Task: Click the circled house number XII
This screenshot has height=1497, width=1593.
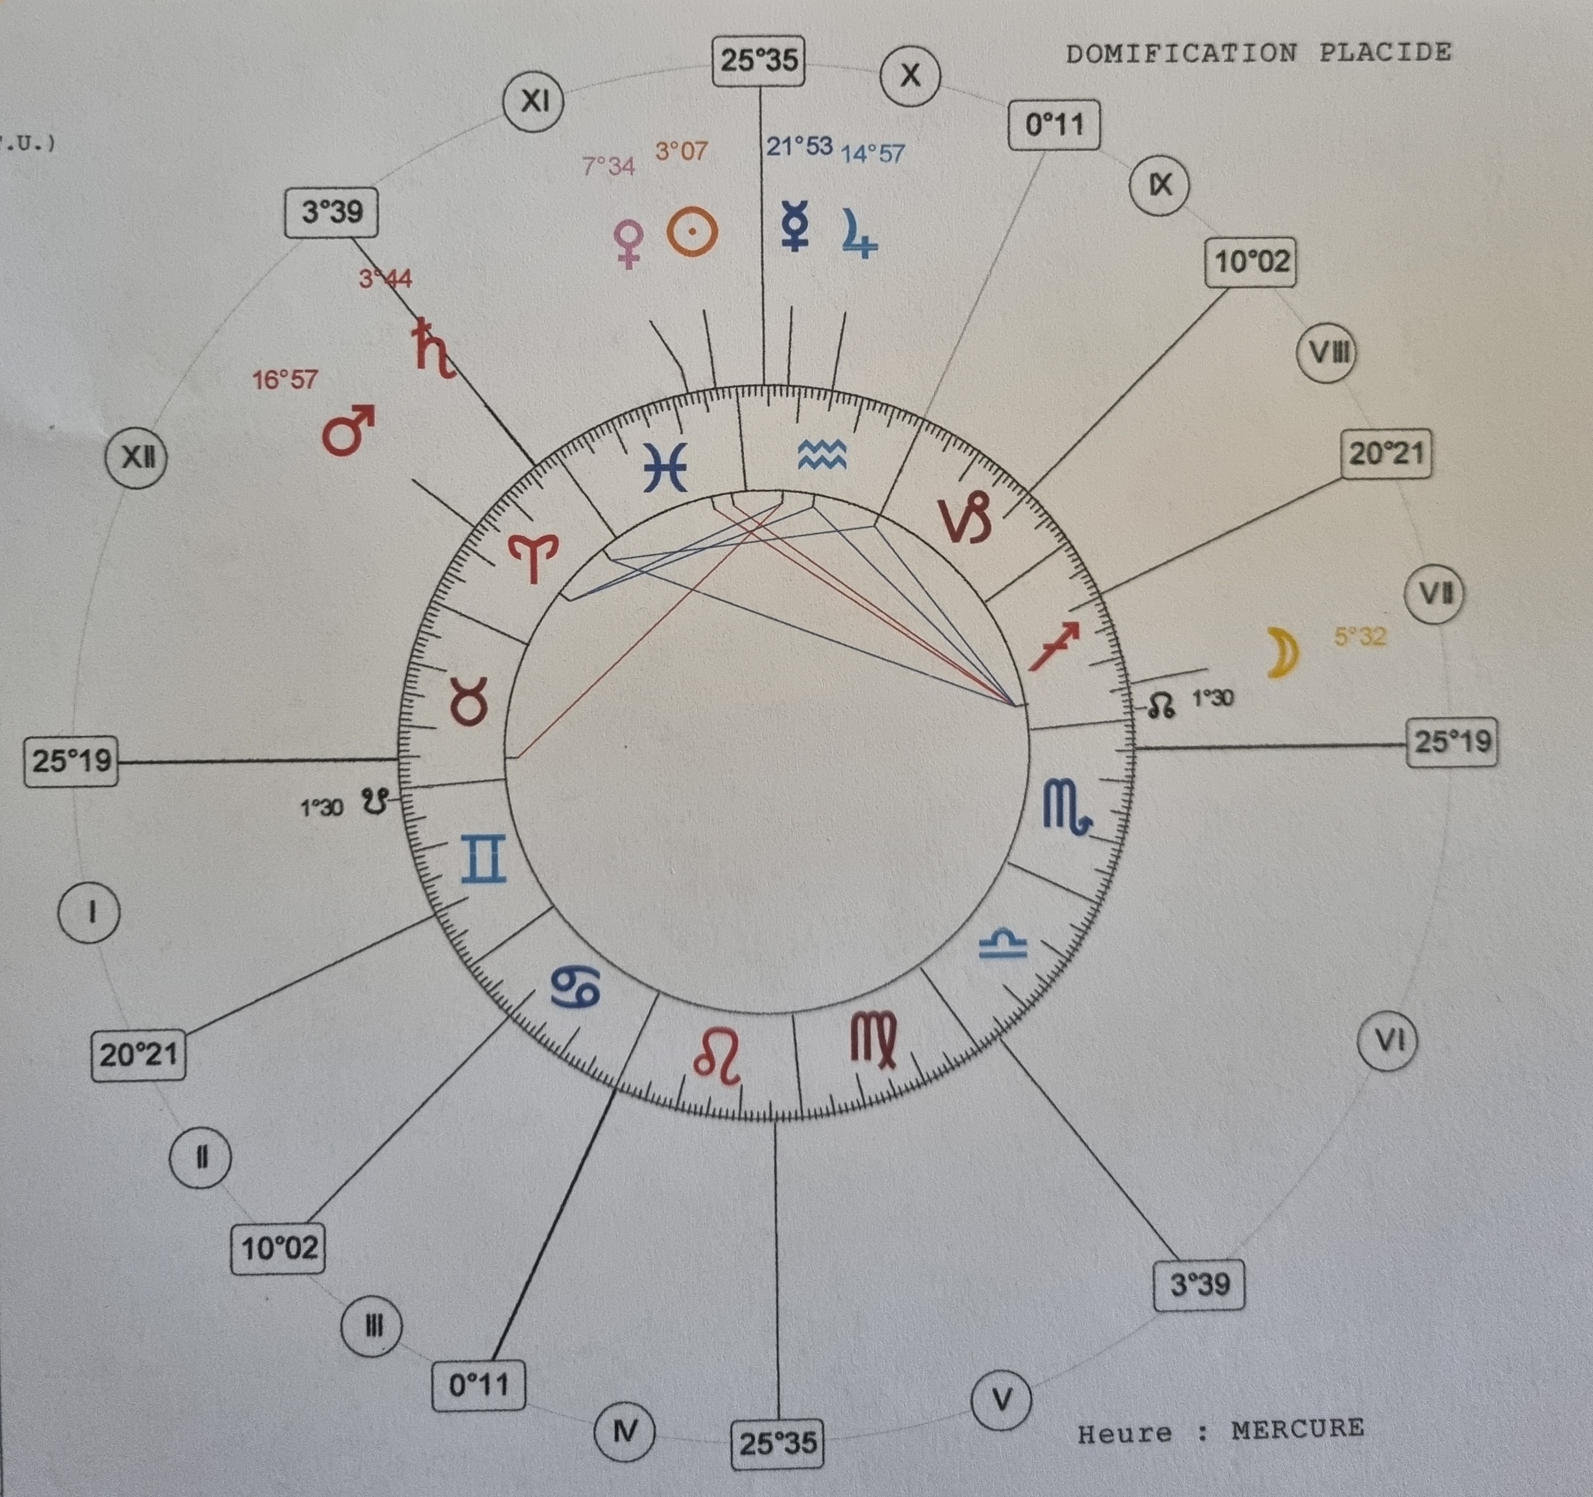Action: point(137,457)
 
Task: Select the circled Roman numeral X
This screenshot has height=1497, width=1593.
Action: point(910,75)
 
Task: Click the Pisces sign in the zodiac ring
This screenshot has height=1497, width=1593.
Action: point(665,467)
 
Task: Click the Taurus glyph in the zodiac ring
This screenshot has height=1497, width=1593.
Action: point(470,703)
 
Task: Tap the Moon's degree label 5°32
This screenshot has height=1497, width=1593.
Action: point(1360,637)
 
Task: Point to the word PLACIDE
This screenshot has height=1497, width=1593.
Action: point(1385,53)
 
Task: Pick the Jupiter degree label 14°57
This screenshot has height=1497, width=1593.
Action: point(873,153)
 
